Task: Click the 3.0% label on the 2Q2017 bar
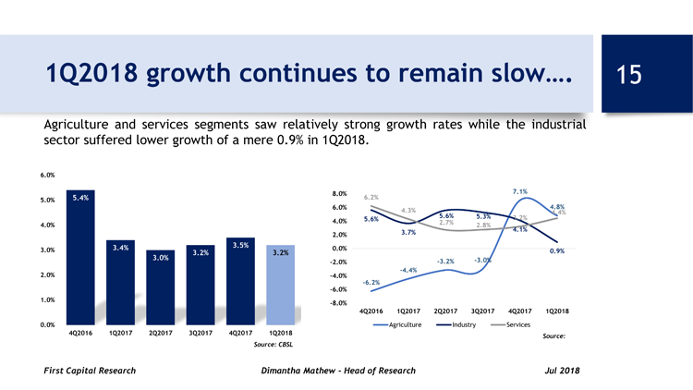coord(160,258)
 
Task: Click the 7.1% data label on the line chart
coord(519,191)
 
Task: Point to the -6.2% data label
coord(371,282)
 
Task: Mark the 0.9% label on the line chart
coord(557,250)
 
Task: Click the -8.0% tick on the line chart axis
coord(337,303)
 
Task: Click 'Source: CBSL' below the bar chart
coord(273,345)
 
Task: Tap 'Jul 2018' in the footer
coord(563,371)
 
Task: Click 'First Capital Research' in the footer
coord(90,371)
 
